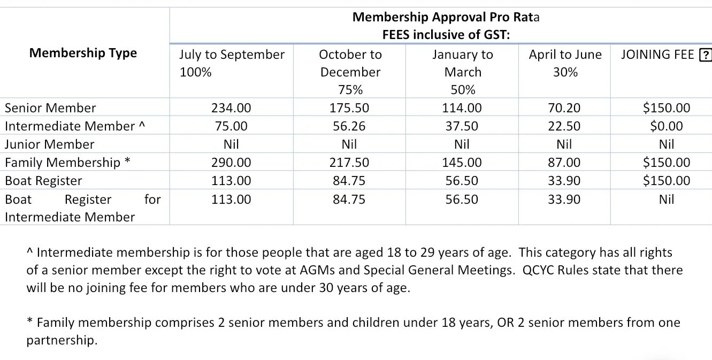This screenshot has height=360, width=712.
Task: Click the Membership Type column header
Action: point(83,53)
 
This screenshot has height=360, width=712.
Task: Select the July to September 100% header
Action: point(232,63)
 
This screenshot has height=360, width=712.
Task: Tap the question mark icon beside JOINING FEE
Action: point(706,55)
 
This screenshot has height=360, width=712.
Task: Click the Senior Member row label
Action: point(50,108)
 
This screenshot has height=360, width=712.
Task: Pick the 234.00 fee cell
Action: point(231,108)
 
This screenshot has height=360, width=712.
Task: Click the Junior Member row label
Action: point(49,144)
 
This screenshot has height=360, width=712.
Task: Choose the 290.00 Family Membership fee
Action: point(231,163)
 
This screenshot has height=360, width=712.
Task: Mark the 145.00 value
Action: point(462,163)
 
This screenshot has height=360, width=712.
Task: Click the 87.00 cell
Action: point(564,163)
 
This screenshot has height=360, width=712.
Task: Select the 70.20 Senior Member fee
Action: point(564,108)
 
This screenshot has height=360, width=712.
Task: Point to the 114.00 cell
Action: point(462,108)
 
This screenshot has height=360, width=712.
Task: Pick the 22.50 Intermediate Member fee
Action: point(564,126)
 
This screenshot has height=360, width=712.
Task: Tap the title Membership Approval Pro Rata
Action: point(446,17)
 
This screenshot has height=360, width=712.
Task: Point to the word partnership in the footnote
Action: point(62,340)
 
